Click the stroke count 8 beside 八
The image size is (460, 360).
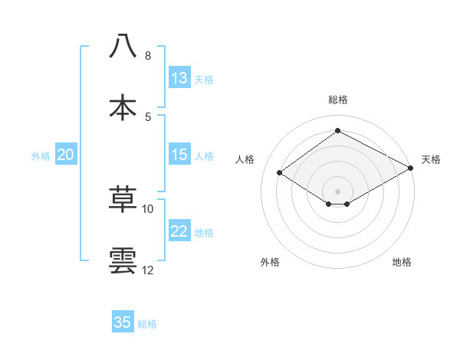point(147,56)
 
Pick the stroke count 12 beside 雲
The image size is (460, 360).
point(148,270)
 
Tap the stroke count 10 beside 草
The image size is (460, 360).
point(148,208)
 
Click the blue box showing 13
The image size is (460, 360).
point(179,78)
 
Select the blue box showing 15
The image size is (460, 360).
point(179,155)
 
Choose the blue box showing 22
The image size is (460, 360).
point(179,232)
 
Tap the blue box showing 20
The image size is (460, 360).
point(66,155)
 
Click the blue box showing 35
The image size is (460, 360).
point(123,322)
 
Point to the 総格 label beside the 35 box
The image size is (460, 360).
point(148,324)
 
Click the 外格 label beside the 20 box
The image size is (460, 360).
point(41,156)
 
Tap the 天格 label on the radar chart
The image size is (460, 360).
point(431,159)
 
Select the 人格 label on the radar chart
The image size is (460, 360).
point(245,159)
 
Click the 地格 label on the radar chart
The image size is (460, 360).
point(402,262)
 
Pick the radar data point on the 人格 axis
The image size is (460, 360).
point(280,173)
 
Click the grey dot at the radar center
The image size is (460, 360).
point(337,191)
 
